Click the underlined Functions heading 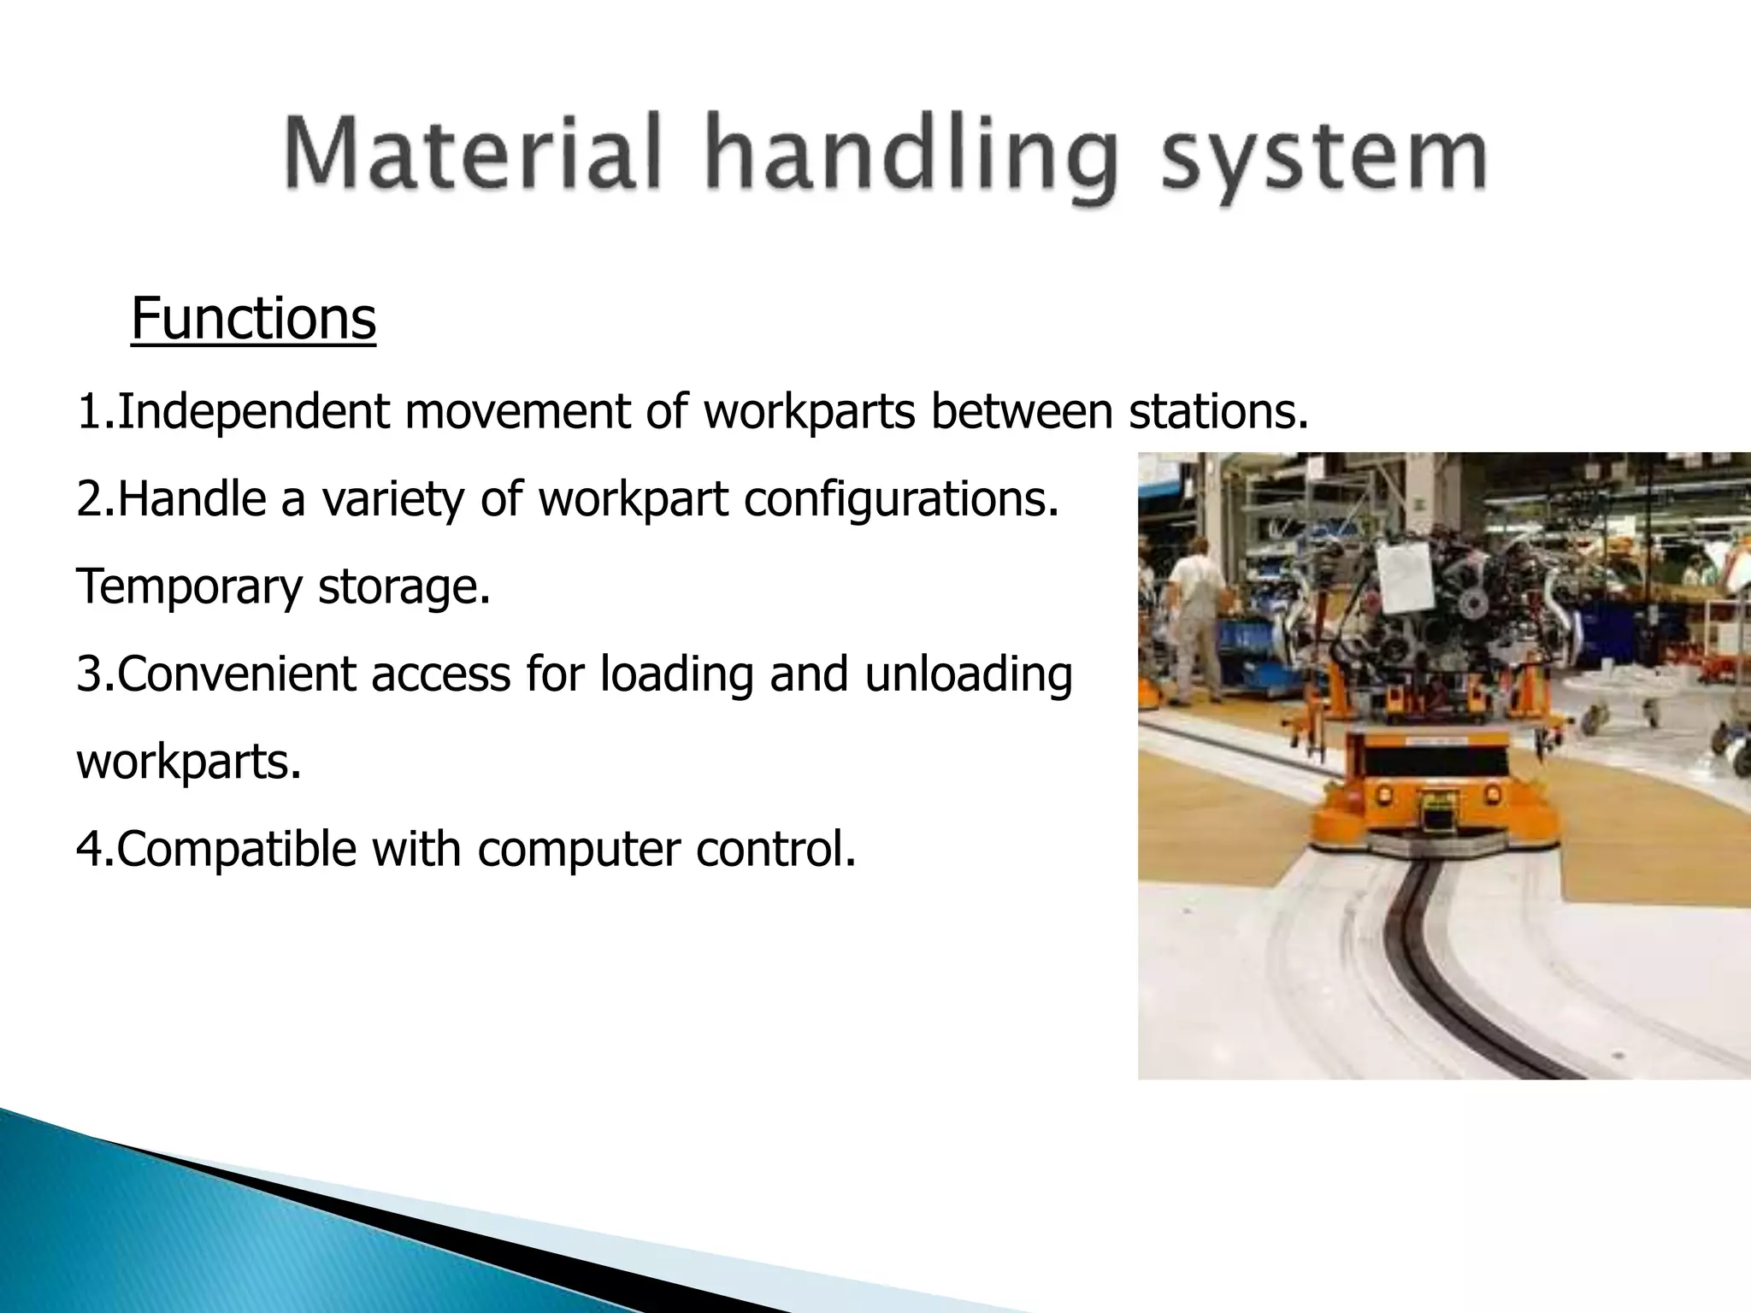point(253,319)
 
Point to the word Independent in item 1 point(253,412)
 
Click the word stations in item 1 point(1217,411)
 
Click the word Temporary point(189,588)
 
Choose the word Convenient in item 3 point(237,675)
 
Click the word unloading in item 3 point(968,675)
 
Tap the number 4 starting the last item point(88,850)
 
